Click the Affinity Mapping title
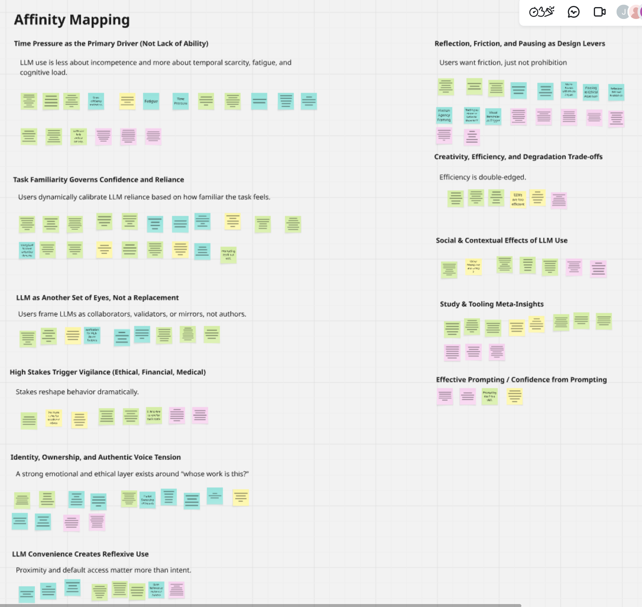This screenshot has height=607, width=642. [x=72, y=20]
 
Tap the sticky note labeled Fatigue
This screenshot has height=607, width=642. [x=151, y=101]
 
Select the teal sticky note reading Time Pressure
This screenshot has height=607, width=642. [x=180, y=101]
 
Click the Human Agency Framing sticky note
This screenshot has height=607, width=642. [x=444, y=115]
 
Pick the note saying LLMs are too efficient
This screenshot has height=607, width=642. [x=518, y=199]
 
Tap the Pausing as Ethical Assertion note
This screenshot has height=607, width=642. [x=591, y=92]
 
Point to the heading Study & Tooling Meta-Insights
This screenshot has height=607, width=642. [x=492, y=304]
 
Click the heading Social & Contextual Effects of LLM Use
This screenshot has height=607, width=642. [x=501, y=240]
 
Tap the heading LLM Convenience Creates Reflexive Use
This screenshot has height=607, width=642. [x=80, y=554]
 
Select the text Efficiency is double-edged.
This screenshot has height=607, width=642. [x=483, y=177]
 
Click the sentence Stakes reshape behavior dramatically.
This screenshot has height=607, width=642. [x=77, y=392]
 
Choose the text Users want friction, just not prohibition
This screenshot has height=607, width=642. [x=503, y=62]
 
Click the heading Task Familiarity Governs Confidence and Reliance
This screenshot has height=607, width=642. [x=99, y=180]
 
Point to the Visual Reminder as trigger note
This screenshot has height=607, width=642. [x=493, y=117]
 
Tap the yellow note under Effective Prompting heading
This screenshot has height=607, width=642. [x=514, y=396]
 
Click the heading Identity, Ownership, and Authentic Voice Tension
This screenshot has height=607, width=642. [x=96, y=457]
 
